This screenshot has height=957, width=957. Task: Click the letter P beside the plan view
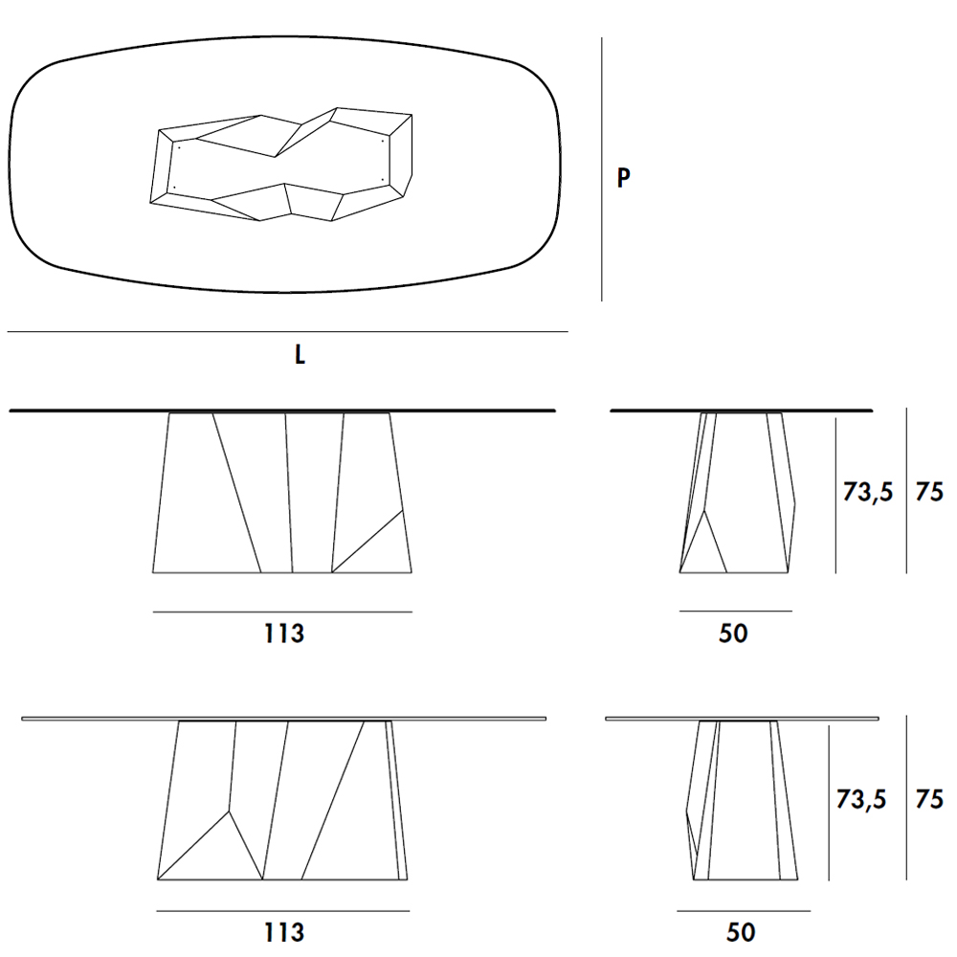(x=623, y=178)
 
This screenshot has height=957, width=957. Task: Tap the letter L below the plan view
(x=300, y=354)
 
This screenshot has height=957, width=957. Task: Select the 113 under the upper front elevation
(x=284, y=634)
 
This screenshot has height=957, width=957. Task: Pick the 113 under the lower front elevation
(x=284, y=932)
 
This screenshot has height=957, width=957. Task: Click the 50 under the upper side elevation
(x=733, y=634)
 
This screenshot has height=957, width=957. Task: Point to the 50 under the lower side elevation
(x=741, y=932)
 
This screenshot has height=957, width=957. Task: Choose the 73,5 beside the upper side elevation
(x=867, y=492)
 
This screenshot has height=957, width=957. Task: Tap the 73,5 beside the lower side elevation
(x=860, y=799)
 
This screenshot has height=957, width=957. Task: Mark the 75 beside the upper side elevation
(x=929, y=491)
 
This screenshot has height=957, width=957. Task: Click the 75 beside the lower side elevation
(x=929, y=799)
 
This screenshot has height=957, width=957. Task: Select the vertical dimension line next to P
(x=602, y=169)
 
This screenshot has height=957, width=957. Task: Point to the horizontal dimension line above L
(x=287, y=332)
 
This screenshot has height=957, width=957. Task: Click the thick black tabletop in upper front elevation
(x=282, y=411)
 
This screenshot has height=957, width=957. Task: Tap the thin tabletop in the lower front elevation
(x=284, y=719)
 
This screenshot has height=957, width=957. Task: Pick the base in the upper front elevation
(x=282, y=493)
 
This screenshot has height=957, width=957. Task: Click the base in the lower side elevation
(x=742, y=800)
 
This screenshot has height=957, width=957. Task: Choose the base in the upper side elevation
(x=738, y=493)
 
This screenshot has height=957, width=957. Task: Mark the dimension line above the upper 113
(x=282, y=612)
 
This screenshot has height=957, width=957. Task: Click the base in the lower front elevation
(x=282, y=800)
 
